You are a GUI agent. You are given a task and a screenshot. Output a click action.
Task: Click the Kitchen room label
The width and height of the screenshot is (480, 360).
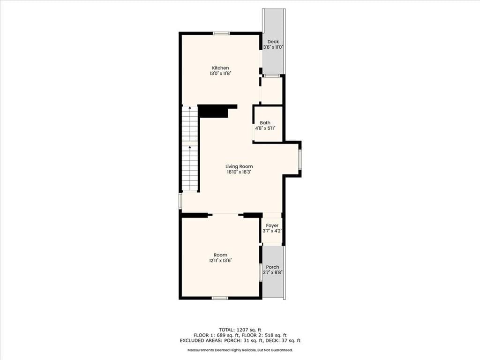click(220, 68)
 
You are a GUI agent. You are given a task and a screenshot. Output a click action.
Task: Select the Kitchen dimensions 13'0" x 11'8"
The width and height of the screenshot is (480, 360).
click(220, 74)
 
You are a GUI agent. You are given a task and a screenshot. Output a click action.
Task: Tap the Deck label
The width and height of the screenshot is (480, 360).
click(273, 42)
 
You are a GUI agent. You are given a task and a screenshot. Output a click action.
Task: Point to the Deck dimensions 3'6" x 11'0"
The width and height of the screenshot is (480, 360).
click(273, 47)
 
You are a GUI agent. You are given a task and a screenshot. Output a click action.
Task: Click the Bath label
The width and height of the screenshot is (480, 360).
click(265, 123)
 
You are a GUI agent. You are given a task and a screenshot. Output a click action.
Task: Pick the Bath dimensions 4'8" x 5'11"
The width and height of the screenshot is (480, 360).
click(265, 128)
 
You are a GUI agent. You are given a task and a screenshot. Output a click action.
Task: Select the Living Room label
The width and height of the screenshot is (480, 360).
click(239, 166)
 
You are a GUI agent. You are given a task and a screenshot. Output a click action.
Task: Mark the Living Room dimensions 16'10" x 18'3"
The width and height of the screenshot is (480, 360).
click(239, 172)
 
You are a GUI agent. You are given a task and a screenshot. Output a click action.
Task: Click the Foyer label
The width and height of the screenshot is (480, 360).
click(272, 225)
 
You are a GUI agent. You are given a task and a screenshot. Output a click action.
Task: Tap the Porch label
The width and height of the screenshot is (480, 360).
click(272, 267)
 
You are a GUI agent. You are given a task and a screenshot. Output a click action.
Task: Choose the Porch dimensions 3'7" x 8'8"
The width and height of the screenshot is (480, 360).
click(272, 272)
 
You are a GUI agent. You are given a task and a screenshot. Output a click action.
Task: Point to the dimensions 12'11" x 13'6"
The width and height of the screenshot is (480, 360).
click(220, 261)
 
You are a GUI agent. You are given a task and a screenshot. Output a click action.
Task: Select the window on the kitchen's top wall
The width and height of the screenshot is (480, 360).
click(221, 33)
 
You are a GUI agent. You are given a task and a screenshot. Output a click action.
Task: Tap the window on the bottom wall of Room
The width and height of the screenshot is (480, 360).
click(220, 298)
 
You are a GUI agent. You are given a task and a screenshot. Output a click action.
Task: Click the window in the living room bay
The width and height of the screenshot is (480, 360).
click(300, 159)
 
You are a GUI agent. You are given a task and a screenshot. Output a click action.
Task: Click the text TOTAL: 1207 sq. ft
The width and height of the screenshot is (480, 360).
click(240, 330)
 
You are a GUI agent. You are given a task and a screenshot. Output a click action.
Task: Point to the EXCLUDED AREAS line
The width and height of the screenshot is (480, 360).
click(240, 340)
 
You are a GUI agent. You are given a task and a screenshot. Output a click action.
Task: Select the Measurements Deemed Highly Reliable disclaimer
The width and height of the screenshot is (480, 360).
click(240, 350)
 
